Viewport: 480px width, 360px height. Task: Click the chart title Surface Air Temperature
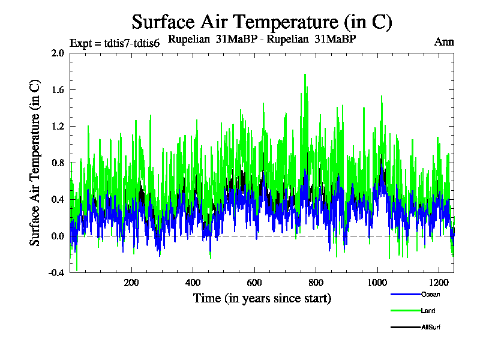[x=262, y=22]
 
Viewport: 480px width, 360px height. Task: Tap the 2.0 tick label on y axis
[x=58, y=53]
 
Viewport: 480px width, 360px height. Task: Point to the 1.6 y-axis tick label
[x=58, y=89]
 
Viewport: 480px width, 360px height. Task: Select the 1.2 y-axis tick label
[x=58, y=126]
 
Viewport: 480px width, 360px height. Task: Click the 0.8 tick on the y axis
[x=58, y=163]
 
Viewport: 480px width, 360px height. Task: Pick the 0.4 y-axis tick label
[x=58, y=199]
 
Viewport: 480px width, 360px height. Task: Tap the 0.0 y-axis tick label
[x=58, y=236]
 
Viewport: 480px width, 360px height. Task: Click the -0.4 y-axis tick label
[x=56, y=272]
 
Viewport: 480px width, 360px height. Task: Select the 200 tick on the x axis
[x=131, y=282]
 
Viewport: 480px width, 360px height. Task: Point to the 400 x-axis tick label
[x=193, y=282]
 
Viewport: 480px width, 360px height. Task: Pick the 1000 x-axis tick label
[x=377, y=282]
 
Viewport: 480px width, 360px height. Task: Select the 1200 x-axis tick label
[x=439, y=282]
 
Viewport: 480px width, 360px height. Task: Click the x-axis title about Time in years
[x=262, y=298]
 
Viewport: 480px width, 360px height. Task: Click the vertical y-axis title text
[x=35, y=162]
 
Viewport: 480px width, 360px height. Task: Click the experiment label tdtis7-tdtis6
[x=115, y=43]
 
